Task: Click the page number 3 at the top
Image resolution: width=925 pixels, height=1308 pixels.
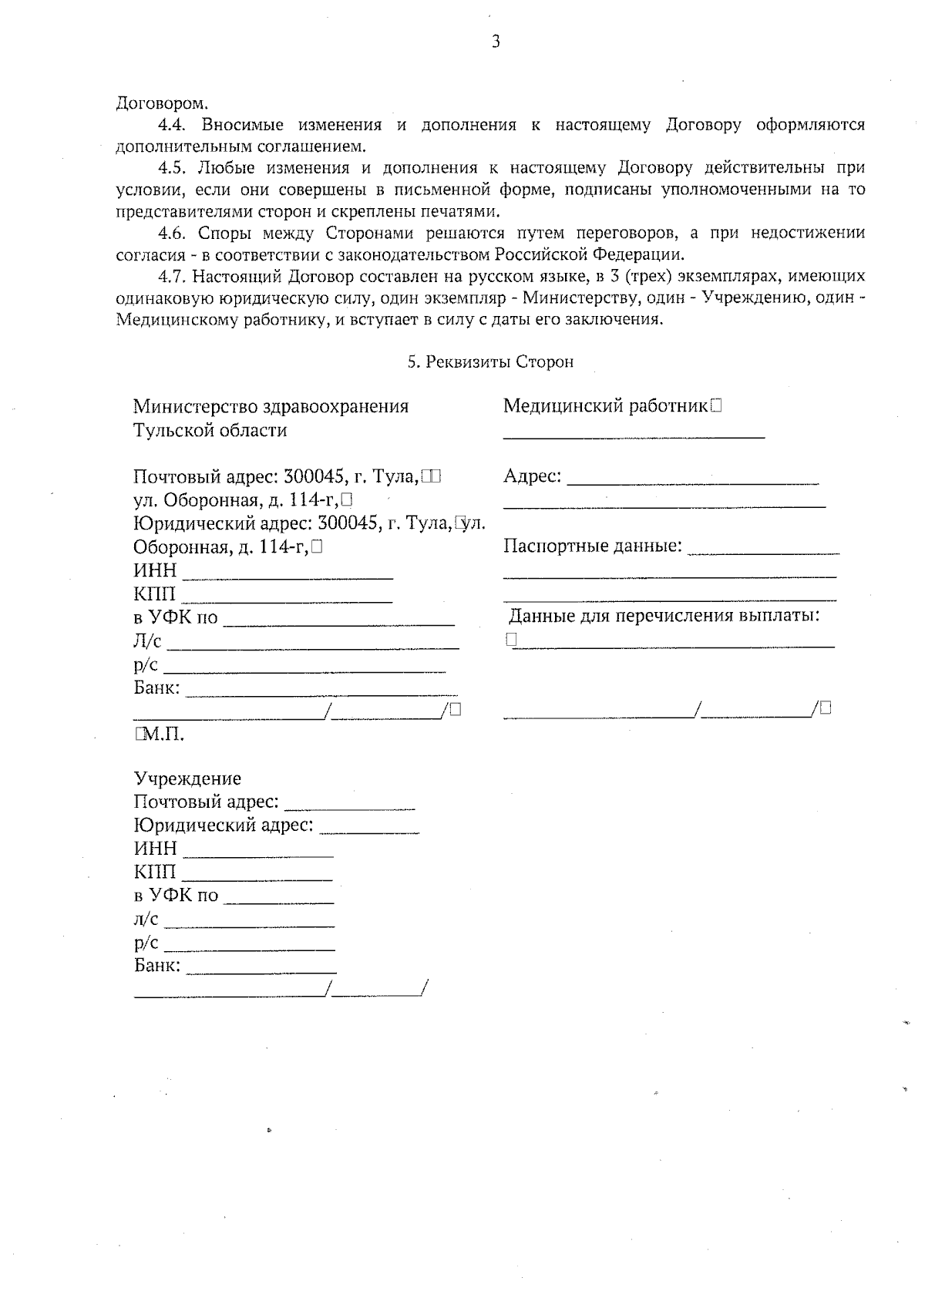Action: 496,42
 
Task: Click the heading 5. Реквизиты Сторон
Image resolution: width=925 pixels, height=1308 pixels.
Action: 490,361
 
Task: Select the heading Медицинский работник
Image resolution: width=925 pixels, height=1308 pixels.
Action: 605,406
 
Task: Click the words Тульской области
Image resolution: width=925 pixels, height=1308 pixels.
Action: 210,430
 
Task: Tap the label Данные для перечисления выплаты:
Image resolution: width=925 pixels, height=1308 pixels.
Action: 664,616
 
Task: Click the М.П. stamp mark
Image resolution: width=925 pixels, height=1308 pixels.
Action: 163,735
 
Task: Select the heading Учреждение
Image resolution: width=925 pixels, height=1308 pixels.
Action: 187,778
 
